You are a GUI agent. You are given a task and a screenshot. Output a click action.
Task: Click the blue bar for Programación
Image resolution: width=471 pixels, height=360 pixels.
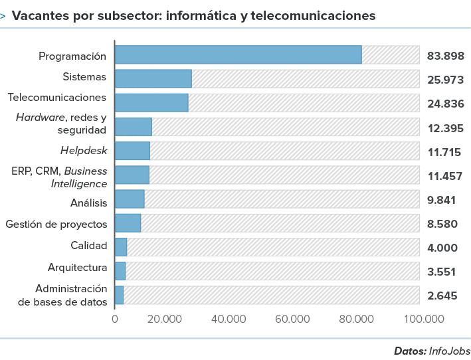(238, 54)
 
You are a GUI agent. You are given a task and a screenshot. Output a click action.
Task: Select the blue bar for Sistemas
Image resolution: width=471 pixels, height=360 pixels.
(153, 78)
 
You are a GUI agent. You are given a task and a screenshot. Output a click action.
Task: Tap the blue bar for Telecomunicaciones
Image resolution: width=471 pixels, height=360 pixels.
(151, 102)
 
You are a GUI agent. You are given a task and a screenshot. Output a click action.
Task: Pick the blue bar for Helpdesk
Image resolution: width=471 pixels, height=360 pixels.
(133, 151)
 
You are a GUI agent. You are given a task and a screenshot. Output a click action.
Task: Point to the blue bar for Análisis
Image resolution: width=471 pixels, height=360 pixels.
(130, 199)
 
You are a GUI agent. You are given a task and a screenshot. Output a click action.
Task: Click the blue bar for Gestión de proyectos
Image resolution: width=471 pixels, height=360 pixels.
(128, 223)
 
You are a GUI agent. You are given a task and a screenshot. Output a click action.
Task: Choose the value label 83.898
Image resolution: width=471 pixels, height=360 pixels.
(444, 56)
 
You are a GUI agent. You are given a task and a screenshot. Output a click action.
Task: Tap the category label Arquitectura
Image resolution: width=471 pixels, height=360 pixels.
(77, 268)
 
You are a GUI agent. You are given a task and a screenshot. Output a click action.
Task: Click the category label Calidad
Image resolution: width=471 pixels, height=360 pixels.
(88, 246)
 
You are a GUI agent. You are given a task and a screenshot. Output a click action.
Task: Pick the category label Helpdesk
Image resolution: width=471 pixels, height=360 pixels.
(83, 150)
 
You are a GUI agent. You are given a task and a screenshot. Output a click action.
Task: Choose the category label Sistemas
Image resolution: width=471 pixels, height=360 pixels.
(84, 76)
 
